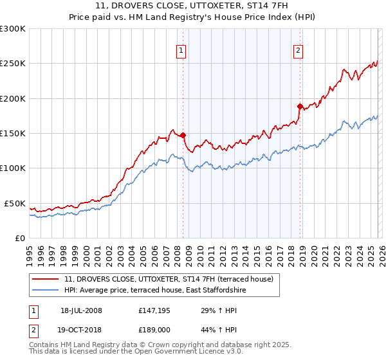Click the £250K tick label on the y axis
13,64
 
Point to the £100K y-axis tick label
13,168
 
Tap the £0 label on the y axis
19,238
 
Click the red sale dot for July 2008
183,135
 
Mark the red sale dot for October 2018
300,106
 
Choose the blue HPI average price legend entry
155,291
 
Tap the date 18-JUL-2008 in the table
81,310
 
